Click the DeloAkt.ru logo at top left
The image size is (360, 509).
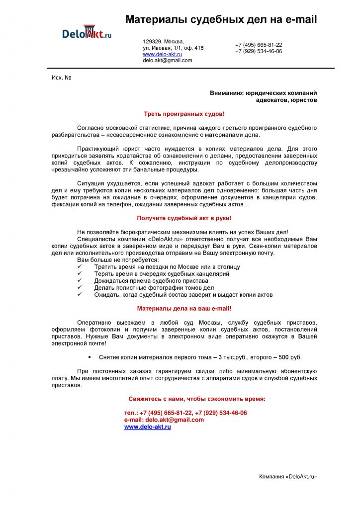pyautogui.click(x=87, y=33)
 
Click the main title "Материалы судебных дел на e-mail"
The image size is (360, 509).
pyautogui.click(x=221, y=19)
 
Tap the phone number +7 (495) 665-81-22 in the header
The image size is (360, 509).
pyautogui.click(x=259, y=45)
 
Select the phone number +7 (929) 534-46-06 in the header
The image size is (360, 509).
pyautogui.click(x=259, y=51)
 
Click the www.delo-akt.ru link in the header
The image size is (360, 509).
pyautogui.click(x=162, y=54)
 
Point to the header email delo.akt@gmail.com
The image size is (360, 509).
pyautogui.click(x=168, y=60)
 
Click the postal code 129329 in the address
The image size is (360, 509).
pyautogui.click(x=152, y=41)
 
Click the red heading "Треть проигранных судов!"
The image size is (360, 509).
pyautogui.click(x=184, y=114)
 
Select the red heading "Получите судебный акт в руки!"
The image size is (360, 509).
pyautogui.click(x=184, y=218)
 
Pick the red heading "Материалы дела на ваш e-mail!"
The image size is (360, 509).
pyautogui.click(x=184, y=308)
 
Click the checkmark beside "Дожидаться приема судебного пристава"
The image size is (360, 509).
pyautogui.click(x=80, y=281)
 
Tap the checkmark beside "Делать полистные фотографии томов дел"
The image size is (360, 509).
pyautogui.click(x=80, y=288)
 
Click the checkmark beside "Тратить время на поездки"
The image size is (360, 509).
pyautogui.click(x=80, y=267)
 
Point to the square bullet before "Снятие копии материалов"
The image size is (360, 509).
pyautogui.click(x=90, y=357)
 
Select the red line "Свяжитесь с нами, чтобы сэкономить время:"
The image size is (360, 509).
pyautogui.click(x=197, y=399)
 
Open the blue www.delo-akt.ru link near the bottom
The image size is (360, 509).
pyautogui.click(x=147, y=427)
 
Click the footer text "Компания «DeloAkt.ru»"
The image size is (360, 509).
pyautogui.click(x=288, y=477)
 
